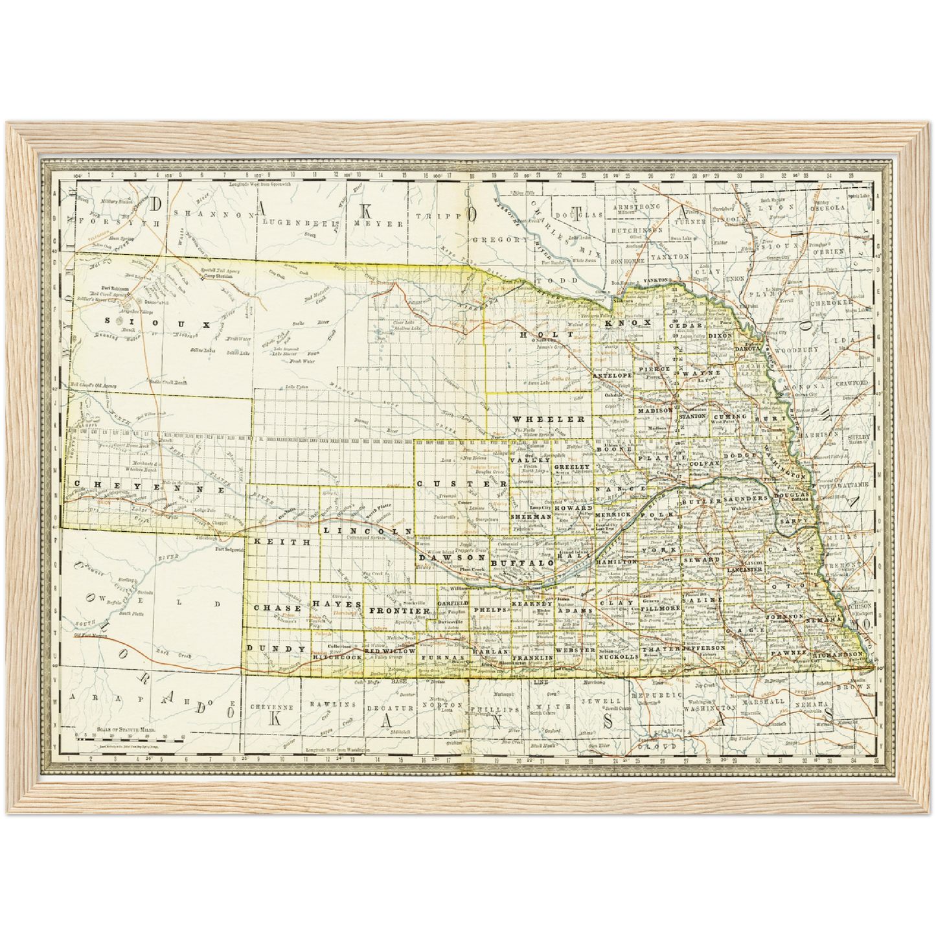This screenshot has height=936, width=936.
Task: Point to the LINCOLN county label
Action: tap(367, 531)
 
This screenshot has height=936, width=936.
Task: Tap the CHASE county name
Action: tap(277, 608)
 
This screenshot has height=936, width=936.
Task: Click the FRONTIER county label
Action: tap(400, 611)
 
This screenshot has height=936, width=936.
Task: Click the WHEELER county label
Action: tap(550, 419)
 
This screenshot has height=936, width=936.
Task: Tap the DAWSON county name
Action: tap(451, 557)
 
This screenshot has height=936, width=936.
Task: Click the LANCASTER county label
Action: tap(744, 569)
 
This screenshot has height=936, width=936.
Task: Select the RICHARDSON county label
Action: tap(838, 655)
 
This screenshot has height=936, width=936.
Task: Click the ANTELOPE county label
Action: tap(612, 375)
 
